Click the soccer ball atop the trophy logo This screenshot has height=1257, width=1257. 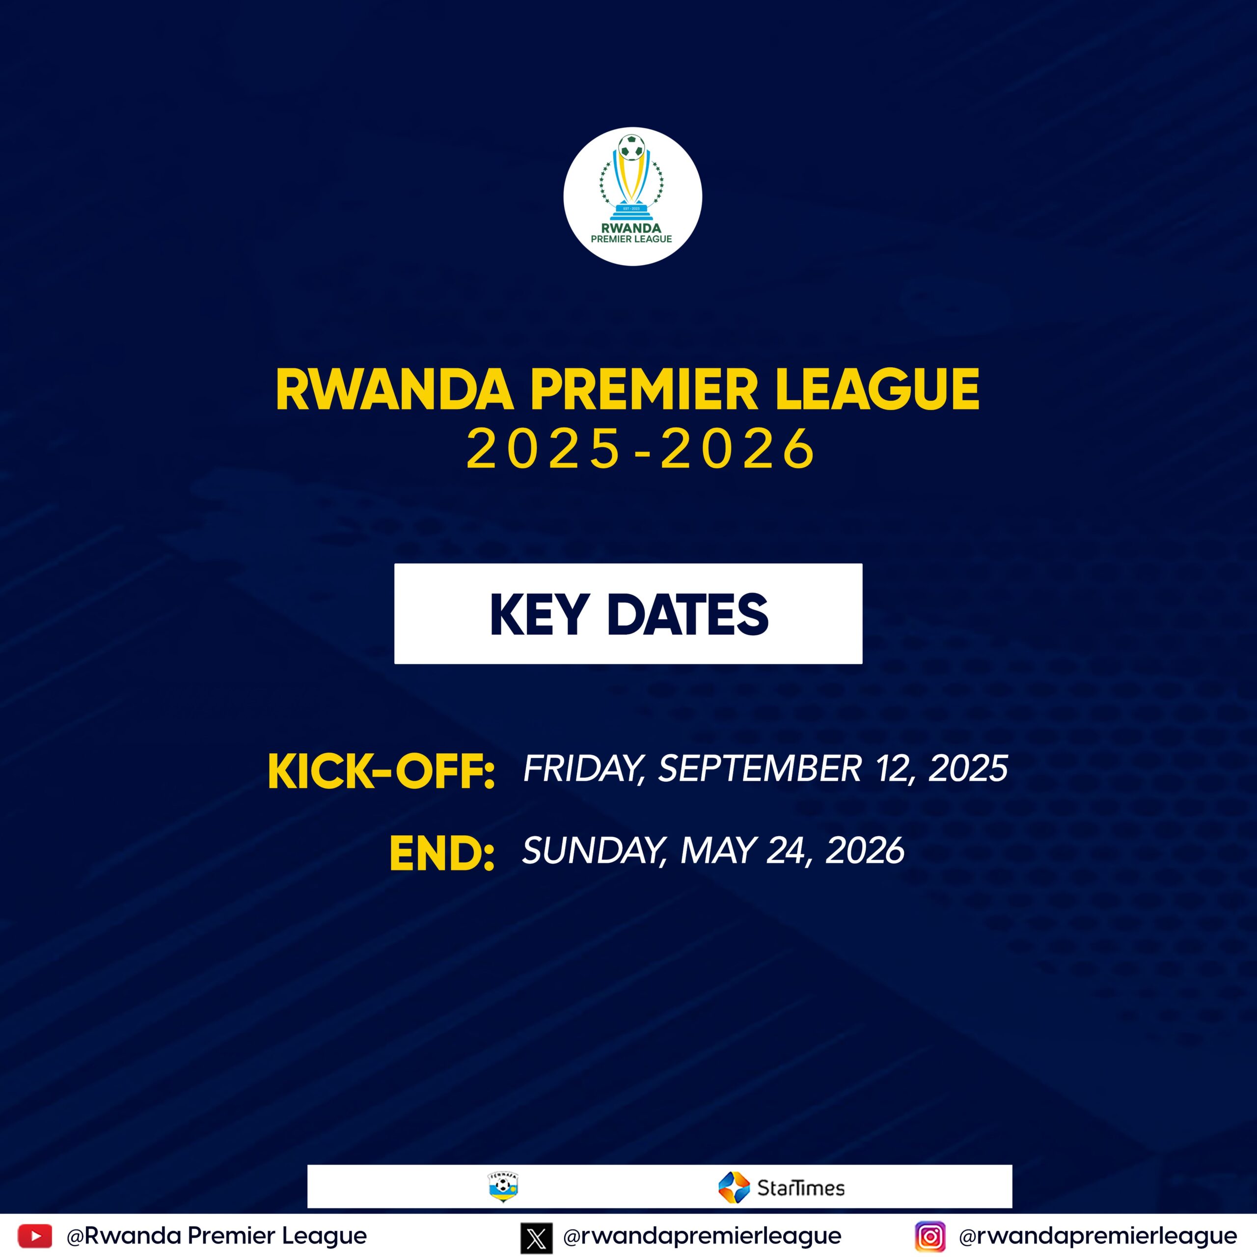click(631, 146)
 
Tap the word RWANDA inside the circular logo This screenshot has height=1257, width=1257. click(631, 228)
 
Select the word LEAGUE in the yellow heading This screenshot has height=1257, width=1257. click(877, 390)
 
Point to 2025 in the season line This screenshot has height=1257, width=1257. click(544, 448)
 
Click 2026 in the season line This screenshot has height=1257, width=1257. click(738, 448)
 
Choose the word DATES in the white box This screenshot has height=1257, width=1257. click(688, 614)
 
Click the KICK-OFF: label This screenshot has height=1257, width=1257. click(381, 772)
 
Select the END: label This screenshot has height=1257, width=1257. click(442, 853)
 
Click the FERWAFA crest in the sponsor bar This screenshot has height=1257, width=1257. click(503, 1187)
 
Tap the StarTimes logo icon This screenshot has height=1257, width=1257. click(735, 1187)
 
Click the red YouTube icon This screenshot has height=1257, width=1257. click(34, 1235)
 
